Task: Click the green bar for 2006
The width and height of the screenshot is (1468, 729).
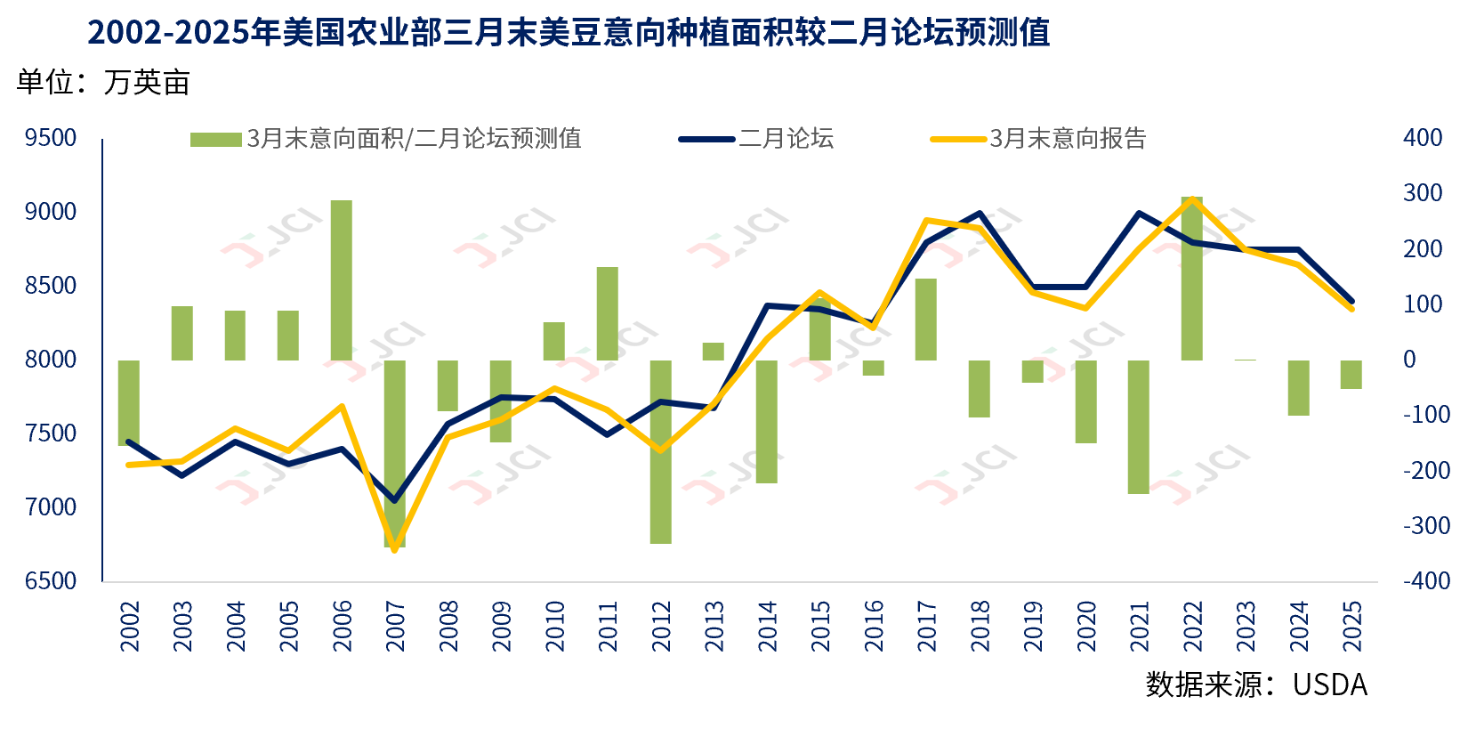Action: tap(342, 280)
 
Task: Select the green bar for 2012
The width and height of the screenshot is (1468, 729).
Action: tap(660, 451)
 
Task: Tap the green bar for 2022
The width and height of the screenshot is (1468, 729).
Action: tap(1192, 279)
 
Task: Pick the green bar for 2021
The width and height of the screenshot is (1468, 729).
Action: tap(1139, 426)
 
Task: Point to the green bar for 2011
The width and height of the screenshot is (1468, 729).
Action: tap(608, 313)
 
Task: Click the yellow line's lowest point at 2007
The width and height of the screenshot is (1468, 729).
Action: tap(395, 549)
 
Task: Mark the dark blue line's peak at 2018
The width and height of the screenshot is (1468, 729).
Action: tap(980, 214)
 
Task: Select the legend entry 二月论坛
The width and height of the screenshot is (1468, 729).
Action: tap(786, 139)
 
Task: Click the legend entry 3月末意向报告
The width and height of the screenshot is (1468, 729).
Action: tap(1068, 139)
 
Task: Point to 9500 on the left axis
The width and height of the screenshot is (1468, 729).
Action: tap(51, 138)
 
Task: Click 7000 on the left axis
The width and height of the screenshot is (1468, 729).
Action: tap(51, 507)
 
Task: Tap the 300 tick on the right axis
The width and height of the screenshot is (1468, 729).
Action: tap(1422, 193)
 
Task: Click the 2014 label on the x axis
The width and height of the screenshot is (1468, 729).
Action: tap(767, 626)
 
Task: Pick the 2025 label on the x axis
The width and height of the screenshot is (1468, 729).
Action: tap(1351, 626)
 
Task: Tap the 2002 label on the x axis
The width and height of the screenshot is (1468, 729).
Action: tap(130, 626)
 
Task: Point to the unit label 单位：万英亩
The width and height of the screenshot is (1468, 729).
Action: tap(103, 83)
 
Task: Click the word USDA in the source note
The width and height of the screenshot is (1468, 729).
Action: tap(1329, 684)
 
